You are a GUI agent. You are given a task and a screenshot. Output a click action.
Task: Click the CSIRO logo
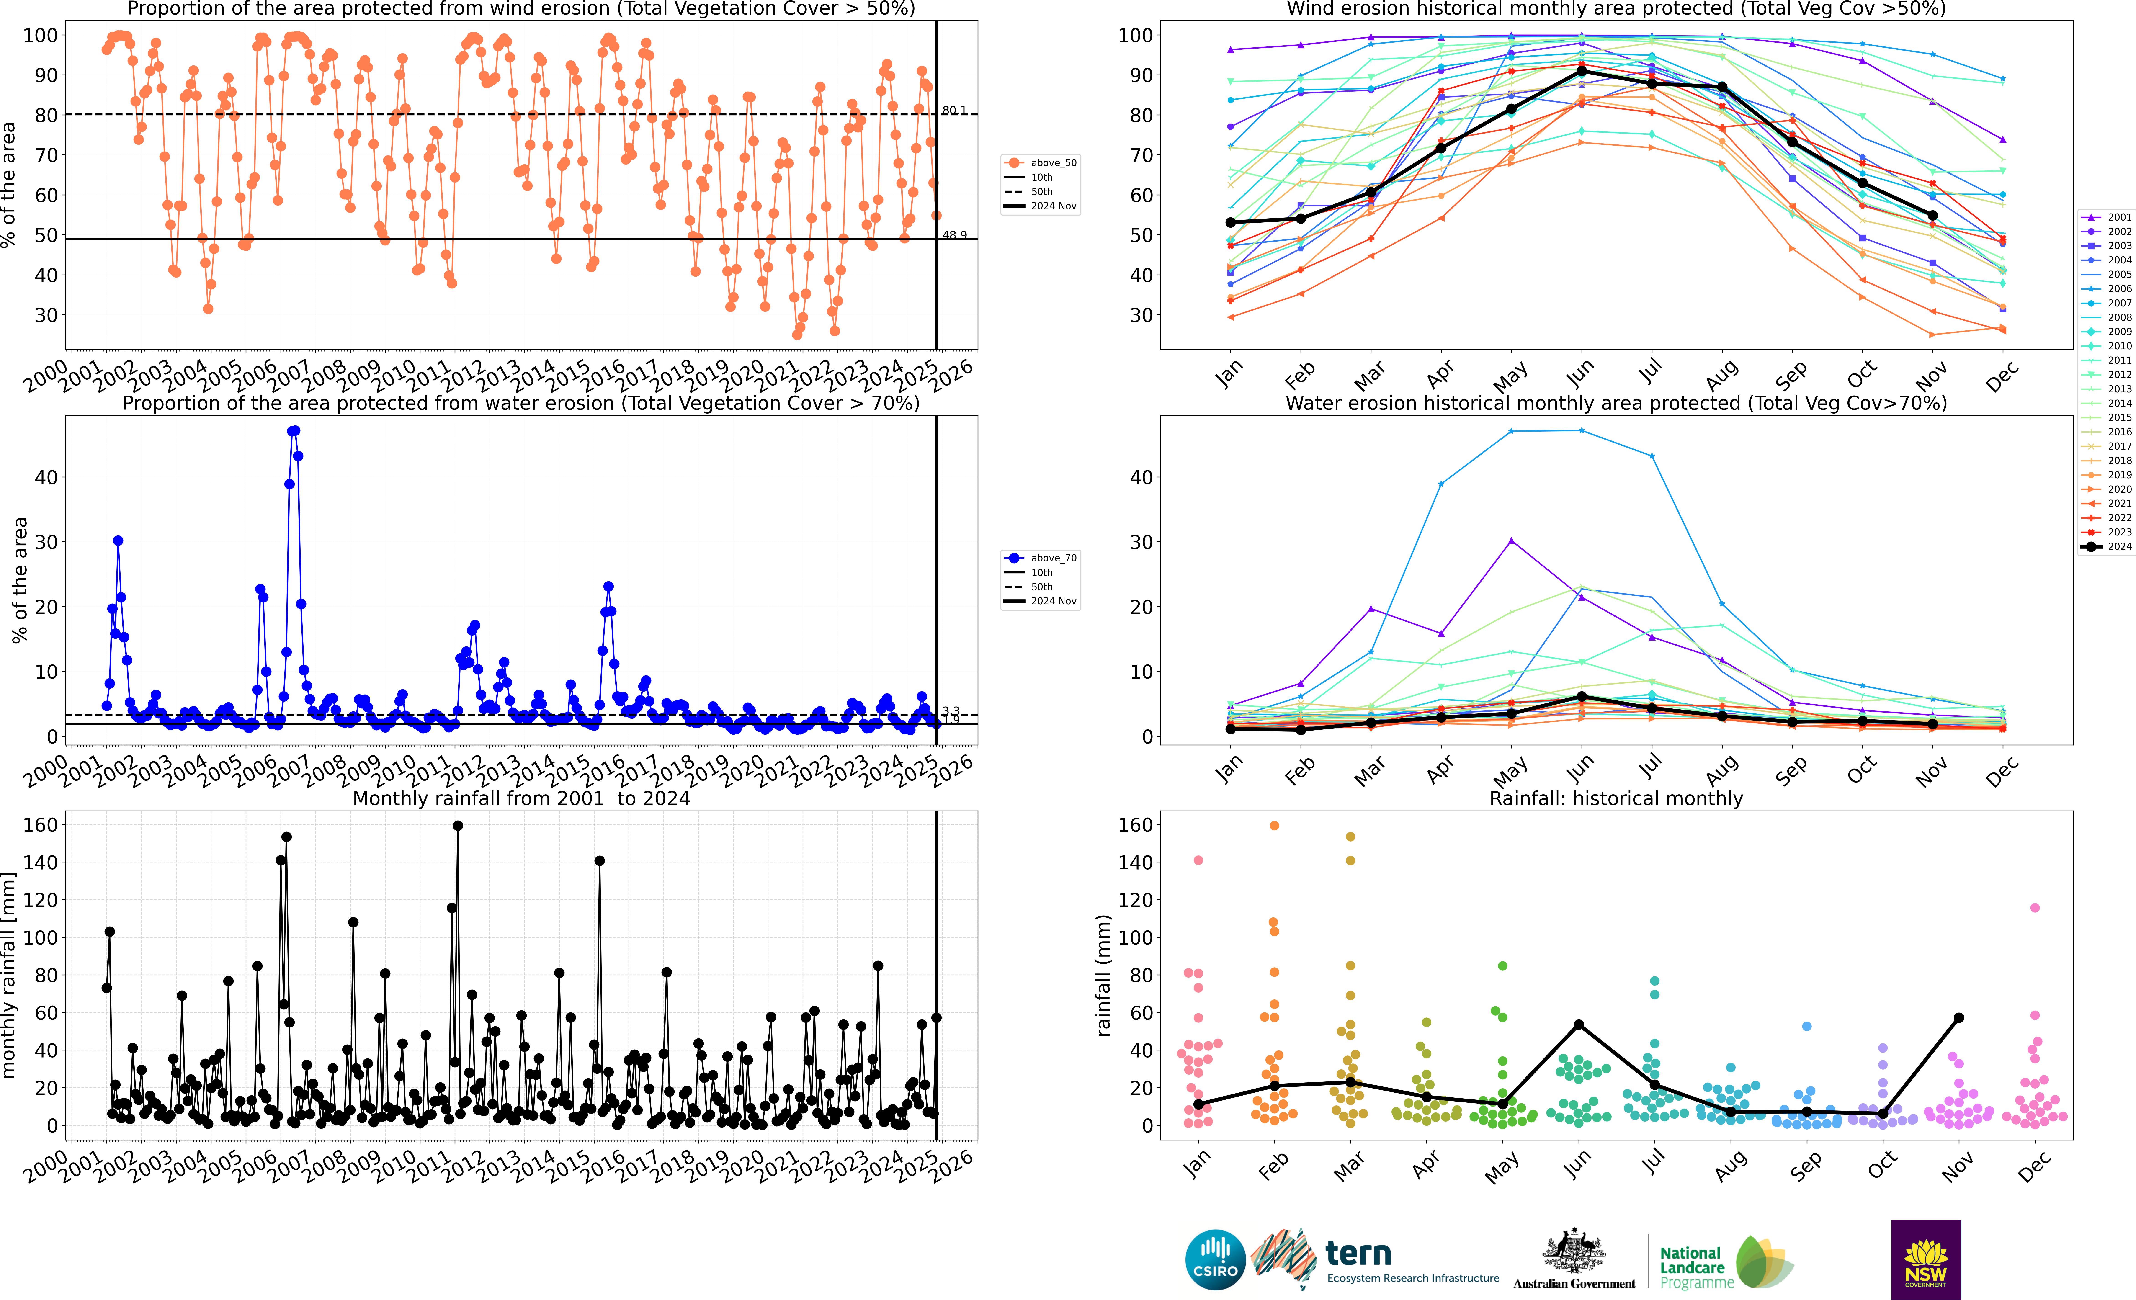tap(1214, 1259)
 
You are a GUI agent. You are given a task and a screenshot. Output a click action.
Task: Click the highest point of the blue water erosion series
tap(294, 431)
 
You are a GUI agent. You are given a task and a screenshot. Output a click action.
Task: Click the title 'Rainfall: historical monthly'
tap(1616, 798)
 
